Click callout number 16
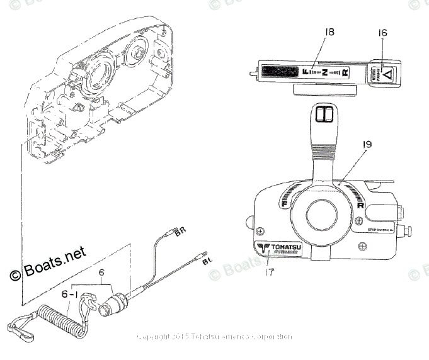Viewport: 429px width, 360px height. pos(383,33)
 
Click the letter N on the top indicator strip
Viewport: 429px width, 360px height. pos(324,72)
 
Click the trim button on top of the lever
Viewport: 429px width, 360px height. pos(326,113)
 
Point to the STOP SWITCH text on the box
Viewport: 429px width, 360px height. pos(378,231)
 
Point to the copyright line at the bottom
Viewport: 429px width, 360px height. pos(214,337)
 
